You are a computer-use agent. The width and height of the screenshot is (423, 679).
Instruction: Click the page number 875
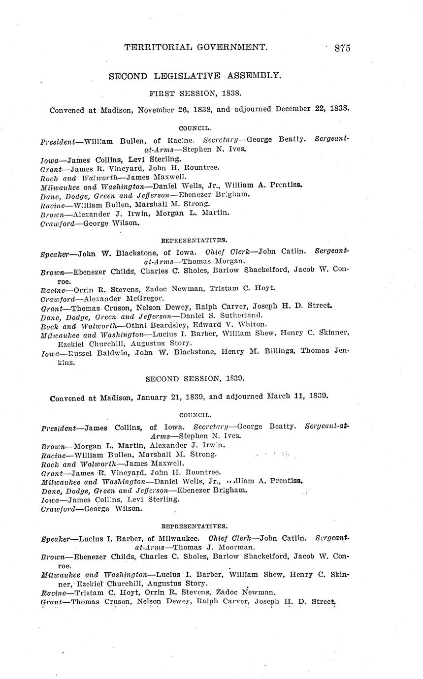pos(342,48)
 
